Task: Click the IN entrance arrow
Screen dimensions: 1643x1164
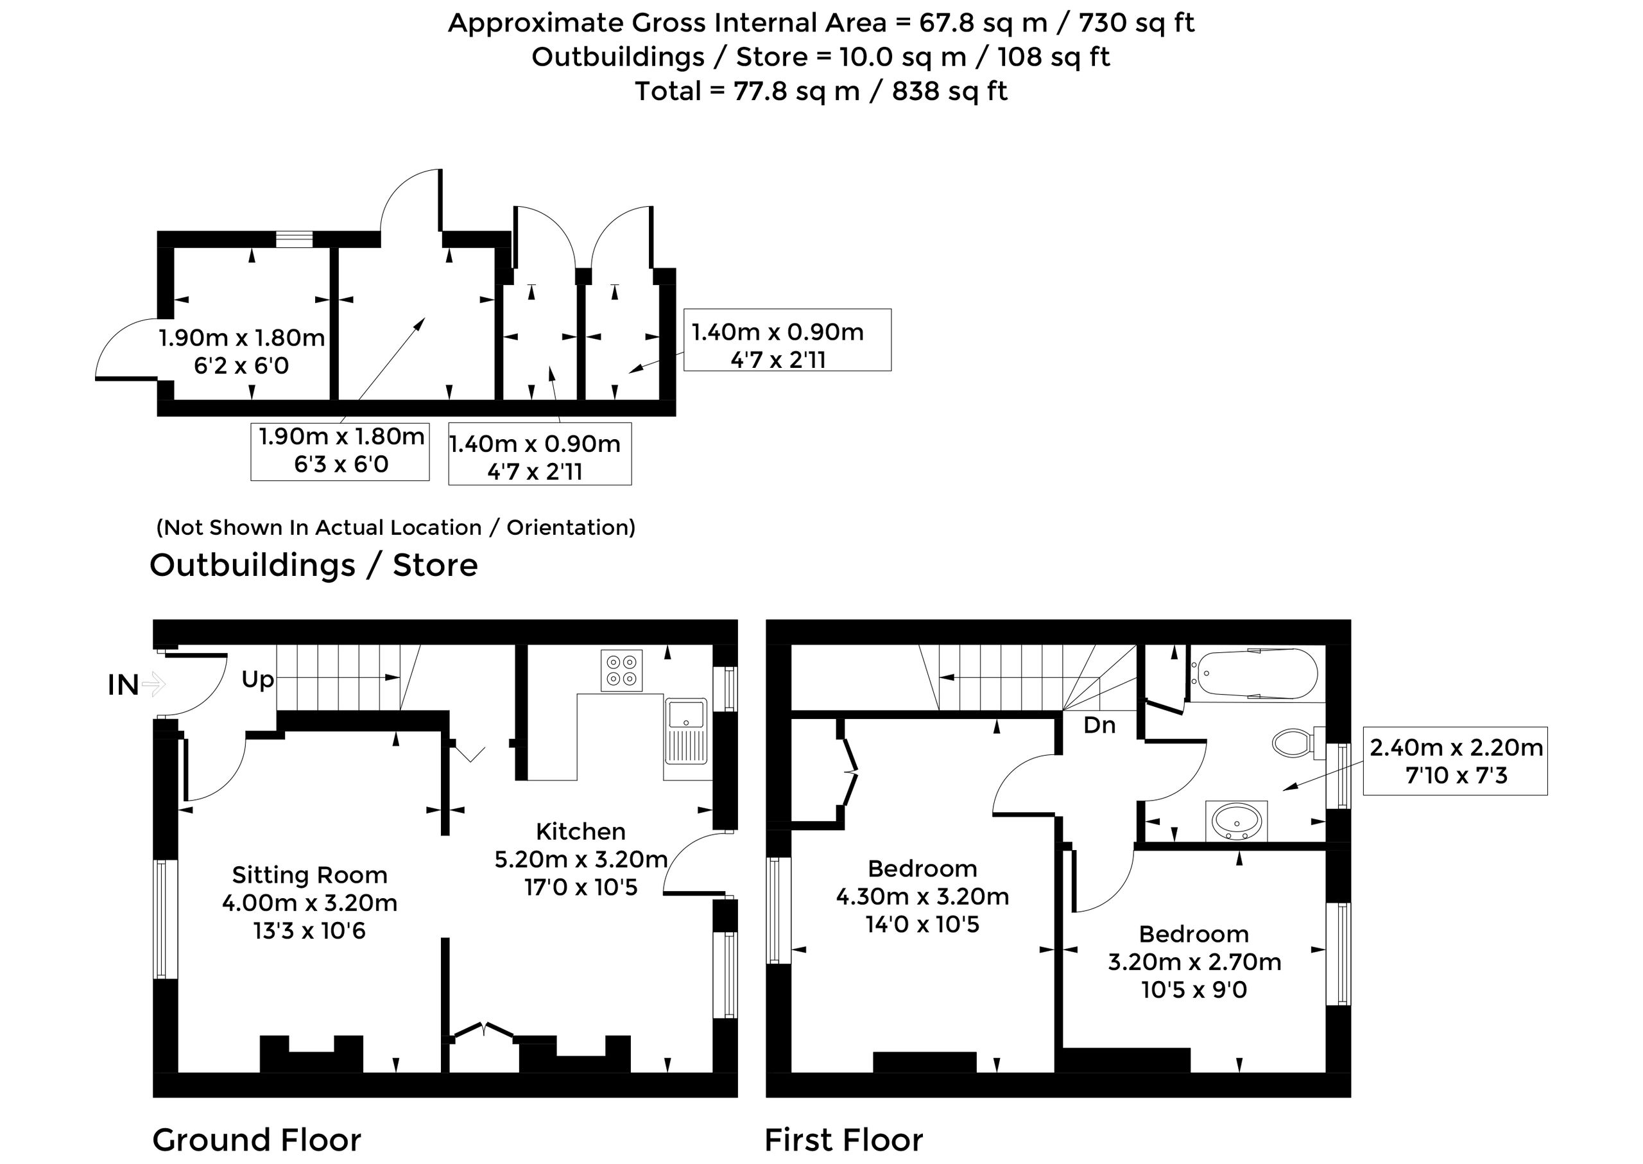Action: pos(154,684)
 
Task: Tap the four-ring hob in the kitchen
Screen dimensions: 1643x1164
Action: pos(621,670)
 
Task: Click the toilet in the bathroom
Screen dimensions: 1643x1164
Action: pos(1298,743)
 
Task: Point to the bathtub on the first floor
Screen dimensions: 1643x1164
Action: pos(1256,673)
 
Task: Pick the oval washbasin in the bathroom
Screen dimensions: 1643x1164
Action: pos(1237,820)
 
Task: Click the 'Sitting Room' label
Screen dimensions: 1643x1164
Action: pos(309,875)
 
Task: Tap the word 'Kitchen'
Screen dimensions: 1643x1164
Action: pos(580,831)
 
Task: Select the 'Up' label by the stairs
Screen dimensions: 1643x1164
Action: pos(258,679)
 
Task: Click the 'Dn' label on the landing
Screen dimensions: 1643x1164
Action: pos(1099,725)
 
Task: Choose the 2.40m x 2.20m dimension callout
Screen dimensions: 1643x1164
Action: pos(1455,761)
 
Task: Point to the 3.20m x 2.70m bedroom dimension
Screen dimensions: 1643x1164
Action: pos(1194,962)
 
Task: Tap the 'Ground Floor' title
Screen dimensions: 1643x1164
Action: pos(257,1140)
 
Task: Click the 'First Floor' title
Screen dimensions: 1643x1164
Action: pos(843,1140)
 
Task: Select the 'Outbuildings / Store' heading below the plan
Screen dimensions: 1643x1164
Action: pos(313,566)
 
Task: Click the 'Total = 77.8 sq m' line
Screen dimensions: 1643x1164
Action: pos(821,91)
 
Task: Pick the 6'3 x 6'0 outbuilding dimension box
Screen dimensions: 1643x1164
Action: pos(340,451)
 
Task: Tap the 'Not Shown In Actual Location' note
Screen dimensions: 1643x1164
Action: pos(395,528)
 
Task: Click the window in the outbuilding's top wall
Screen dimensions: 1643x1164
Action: pos(295,239)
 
